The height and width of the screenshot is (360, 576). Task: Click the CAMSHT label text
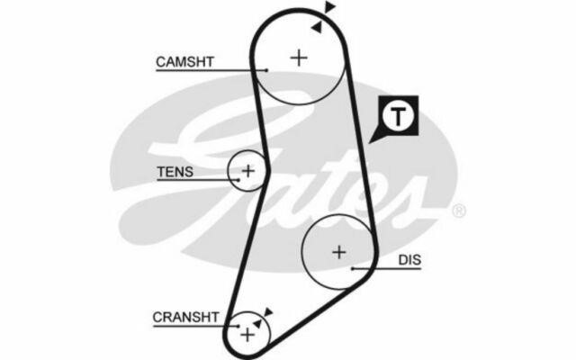(184, 61)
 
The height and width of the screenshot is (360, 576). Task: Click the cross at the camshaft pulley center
(298, 58)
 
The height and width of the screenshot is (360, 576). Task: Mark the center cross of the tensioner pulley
(247, 169)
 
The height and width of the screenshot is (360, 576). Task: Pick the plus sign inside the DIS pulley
(339, 252)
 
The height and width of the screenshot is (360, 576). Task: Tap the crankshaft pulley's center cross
(247, 334)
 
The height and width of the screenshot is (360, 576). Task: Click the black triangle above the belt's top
(331, 8)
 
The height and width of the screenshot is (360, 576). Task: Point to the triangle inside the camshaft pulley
(316, 29)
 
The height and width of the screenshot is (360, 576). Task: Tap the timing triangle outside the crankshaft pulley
(268, 310)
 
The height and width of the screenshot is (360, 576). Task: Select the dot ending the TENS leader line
(238, 178)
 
